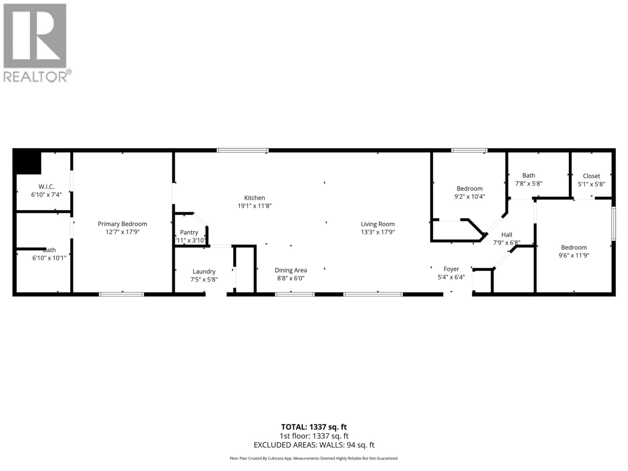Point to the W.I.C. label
coord(46,187)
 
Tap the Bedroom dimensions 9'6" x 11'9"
coord(574,255)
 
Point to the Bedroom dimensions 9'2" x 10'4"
coord(470,196)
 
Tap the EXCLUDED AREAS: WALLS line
coord(314,445)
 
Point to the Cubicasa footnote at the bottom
coord(314,458)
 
